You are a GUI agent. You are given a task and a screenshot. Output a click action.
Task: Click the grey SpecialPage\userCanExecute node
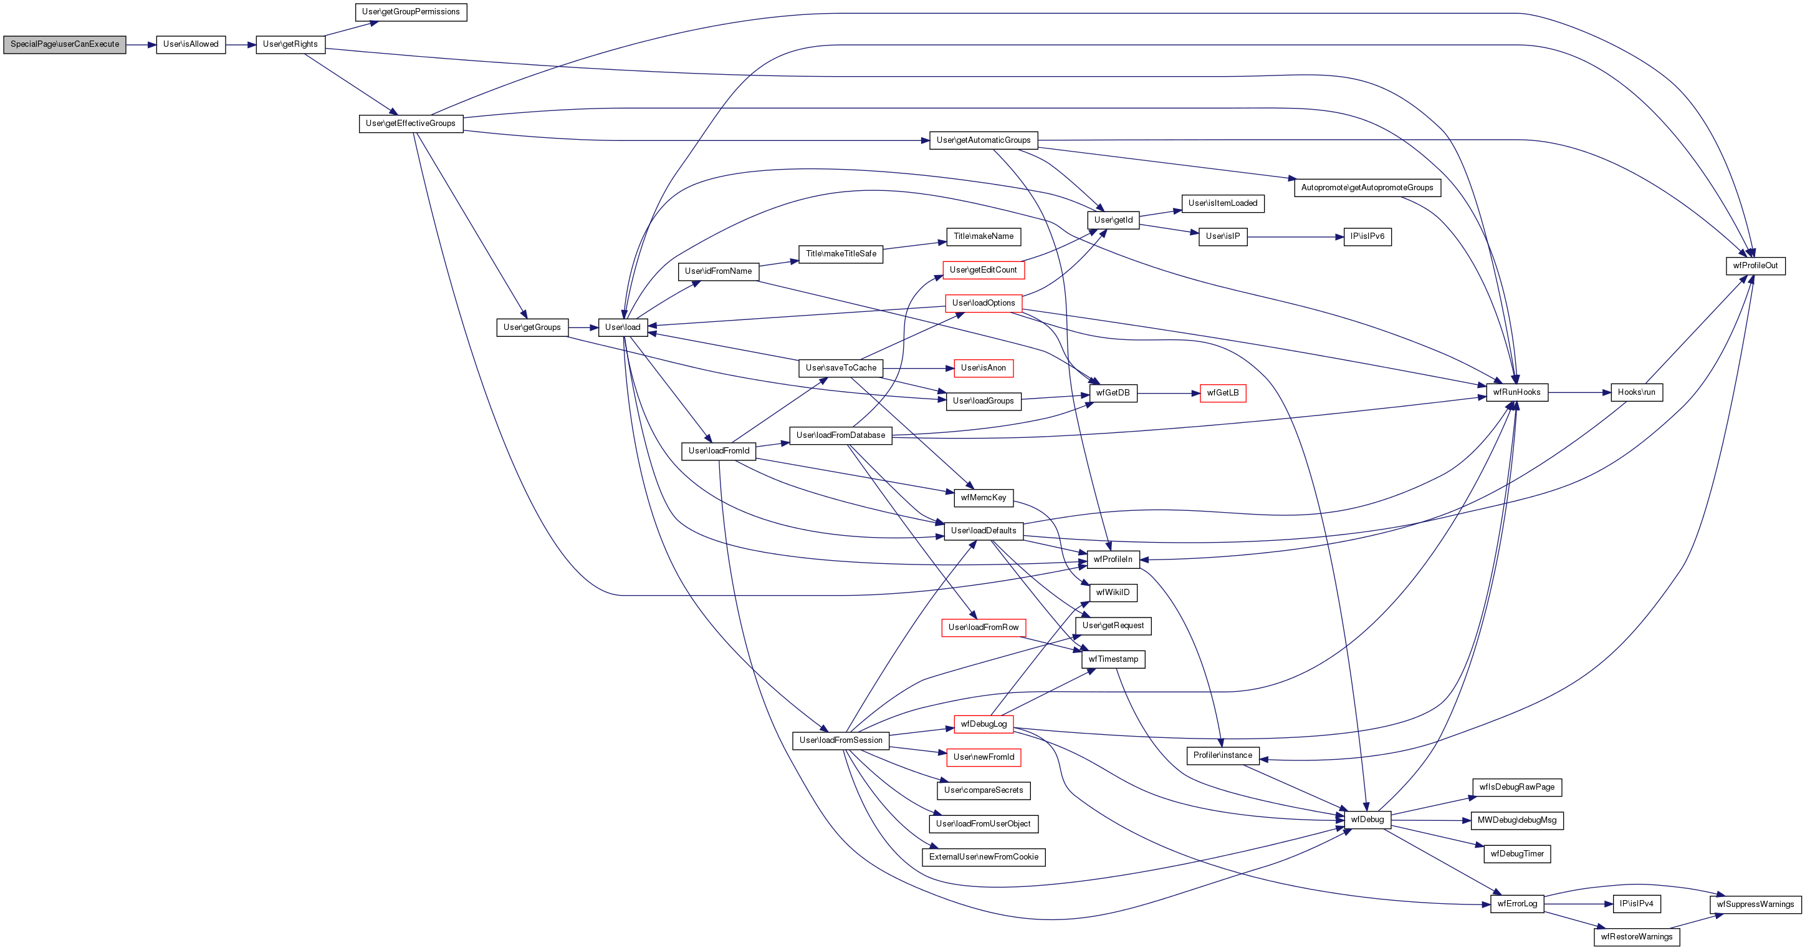[x=64, y=44]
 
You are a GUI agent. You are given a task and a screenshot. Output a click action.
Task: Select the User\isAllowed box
[x=191, y=44]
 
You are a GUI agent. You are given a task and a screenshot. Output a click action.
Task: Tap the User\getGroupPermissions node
[x=411, y=12]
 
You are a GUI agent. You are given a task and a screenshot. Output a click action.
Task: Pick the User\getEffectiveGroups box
[x=411, y=124]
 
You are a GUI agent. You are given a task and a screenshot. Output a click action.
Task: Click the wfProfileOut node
[x=1755, y=266]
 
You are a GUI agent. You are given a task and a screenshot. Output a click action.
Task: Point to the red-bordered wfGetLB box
[x=1222, y=392]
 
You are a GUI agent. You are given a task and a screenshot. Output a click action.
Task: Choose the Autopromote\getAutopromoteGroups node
[x=1366, y=188]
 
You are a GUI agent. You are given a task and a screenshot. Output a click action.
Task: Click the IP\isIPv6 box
[x=1367, y=236]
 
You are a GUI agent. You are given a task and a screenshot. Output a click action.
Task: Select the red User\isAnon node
[x=983, y=368]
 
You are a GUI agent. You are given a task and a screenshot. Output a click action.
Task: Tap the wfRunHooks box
[x=1516, y=392]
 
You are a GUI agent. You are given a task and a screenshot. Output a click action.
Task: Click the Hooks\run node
[x=1636, y=392]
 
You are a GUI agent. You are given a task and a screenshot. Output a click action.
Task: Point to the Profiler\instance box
[x=1222, y=756]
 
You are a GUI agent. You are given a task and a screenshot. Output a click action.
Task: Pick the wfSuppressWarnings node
[x=1755, y=904]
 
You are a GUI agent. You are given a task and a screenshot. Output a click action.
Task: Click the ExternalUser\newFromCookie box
[x=983, y=857]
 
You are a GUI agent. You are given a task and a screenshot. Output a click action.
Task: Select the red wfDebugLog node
[x=983, y=724]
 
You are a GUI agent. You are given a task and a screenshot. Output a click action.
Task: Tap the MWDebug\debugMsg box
[x=1516, y=820]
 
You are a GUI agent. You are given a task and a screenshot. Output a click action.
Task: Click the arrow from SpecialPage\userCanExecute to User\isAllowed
[x=141, y=45]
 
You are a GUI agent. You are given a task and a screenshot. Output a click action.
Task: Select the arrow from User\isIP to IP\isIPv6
[x=1295, y=237]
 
